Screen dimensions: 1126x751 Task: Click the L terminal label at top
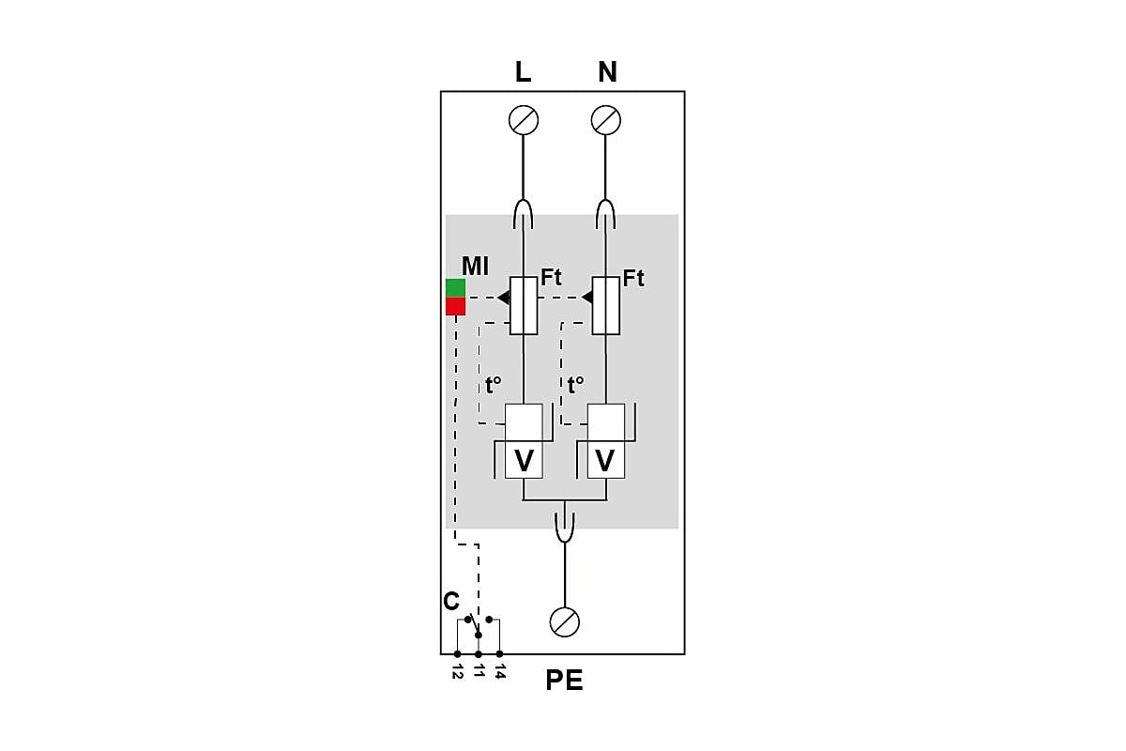point(523,72)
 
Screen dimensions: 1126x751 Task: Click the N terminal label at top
point(607,72)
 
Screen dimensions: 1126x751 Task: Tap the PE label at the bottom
point(564,680)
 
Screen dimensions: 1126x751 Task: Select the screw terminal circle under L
point(524,120)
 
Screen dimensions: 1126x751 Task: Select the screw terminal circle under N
point(606,120)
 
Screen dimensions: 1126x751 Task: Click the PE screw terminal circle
point(565,622)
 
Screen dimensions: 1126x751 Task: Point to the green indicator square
point(455,287)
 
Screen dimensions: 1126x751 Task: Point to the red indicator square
point(455,306)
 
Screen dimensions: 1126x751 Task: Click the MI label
point(475,266)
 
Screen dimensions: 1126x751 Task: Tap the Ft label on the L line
point(551,277)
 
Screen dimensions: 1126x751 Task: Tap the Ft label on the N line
point(633,278)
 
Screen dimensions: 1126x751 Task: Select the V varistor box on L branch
point(524,460)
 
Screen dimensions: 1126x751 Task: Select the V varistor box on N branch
point(606,460)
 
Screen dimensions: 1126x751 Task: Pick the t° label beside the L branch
point(494,385)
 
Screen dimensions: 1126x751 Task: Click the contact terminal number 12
point(457,671)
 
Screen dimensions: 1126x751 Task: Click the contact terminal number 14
point(499,671)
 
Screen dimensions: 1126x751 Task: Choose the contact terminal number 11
point(479,670)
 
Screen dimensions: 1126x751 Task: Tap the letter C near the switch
point(451,601)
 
